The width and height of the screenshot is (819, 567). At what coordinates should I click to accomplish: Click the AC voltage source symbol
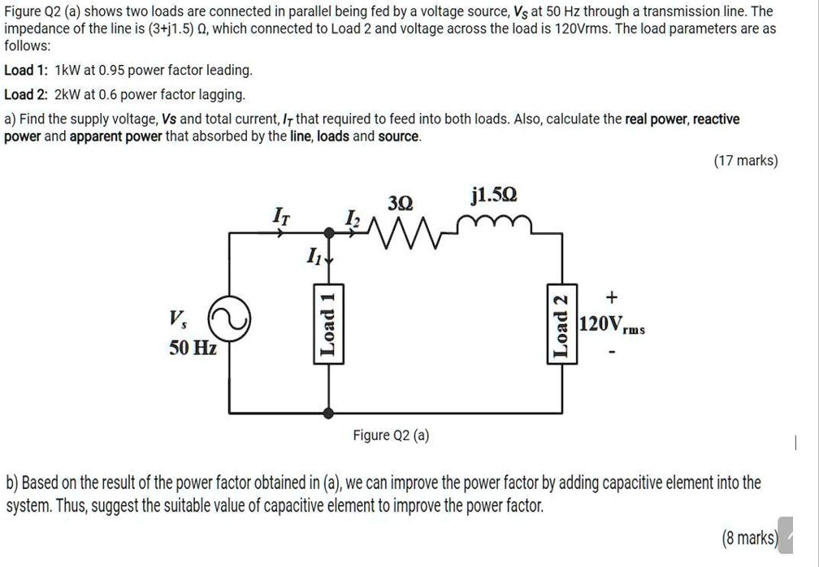pos(228,322)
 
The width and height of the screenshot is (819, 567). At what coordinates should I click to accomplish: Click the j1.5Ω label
pos(493,196)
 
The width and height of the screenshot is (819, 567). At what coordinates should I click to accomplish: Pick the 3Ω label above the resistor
pos(401,202)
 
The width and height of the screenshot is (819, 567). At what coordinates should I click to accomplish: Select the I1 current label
pos(314,257)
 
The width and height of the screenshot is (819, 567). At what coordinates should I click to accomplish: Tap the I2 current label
pos(351,217)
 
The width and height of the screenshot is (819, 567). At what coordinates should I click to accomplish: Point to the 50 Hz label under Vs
pos(193,348)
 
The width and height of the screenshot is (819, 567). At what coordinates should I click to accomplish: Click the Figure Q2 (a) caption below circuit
pos(391,435)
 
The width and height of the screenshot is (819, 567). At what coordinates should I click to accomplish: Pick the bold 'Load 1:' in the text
pos(27,71)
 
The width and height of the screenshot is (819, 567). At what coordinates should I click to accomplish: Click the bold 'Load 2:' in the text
pos(27,94)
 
